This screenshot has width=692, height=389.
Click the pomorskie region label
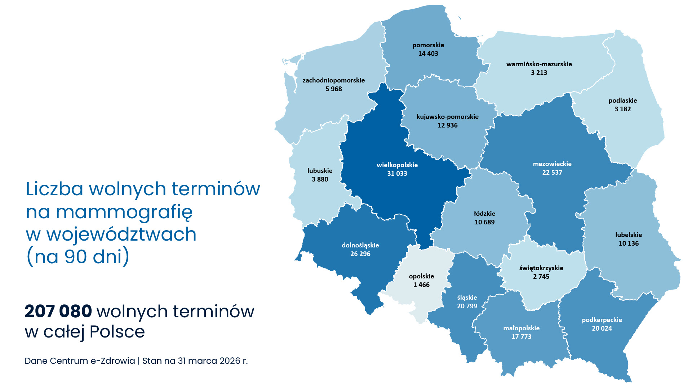click(x=428, y=45)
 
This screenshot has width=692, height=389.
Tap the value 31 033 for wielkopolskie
click(x=397, y=174)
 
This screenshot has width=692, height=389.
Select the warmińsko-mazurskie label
click(x=539, y=64)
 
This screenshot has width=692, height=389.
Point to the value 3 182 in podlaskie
click(x=622, y=109)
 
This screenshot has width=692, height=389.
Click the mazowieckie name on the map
click(x=552, y=164)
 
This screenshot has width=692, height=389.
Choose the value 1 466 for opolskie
click(x=421, y=285)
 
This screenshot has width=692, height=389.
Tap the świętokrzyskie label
click(x=541, y=268)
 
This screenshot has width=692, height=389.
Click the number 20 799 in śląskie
click(x=467, y=306)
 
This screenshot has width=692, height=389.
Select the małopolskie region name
click(x=521, y=328)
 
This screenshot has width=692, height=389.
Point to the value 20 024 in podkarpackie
click(x=602, y=328)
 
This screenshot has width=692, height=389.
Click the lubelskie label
click(x=628, y=235)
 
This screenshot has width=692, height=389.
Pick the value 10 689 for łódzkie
click(x=484, y=222)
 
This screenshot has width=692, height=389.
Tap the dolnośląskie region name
click(x=360, y=245)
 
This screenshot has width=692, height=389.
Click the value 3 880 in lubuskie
click(x=320, y=179)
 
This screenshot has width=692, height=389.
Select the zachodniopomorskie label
click(x=333, y=80)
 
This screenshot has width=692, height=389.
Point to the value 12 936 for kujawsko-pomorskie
click(x=447, y=125)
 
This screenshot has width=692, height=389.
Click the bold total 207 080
click(x=58, y=312)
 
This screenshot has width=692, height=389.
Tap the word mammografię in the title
click(x=124, y=212)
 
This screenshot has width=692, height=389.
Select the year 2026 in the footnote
click(x=230, y=361)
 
